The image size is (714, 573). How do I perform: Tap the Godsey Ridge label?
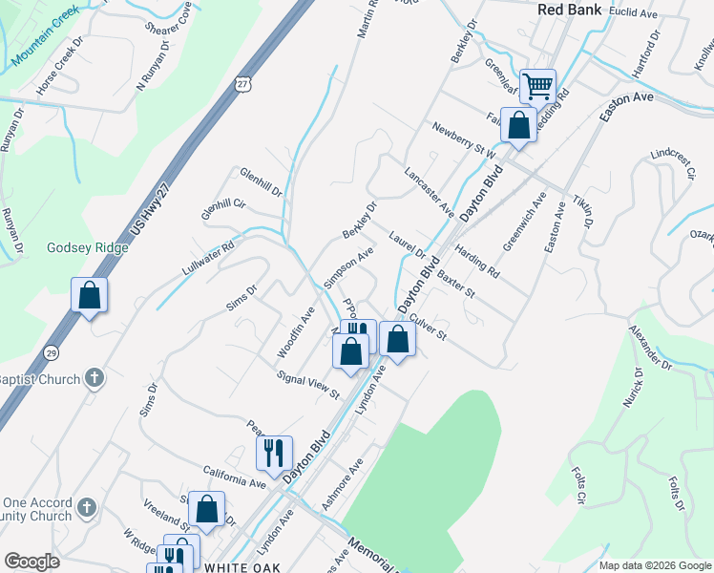tap(87, 247)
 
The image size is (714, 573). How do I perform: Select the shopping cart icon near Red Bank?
tap(537, 86)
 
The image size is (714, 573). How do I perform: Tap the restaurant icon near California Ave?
tap(274, 452)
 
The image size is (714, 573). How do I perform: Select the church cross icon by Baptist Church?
tap(94, 376)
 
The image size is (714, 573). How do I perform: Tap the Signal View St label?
tap(307, 385)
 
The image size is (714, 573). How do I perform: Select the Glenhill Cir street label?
tap(223, 208)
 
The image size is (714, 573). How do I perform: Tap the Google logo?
tap(31, 562)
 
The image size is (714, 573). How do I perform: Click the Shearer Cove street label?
tap(171, 15)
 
